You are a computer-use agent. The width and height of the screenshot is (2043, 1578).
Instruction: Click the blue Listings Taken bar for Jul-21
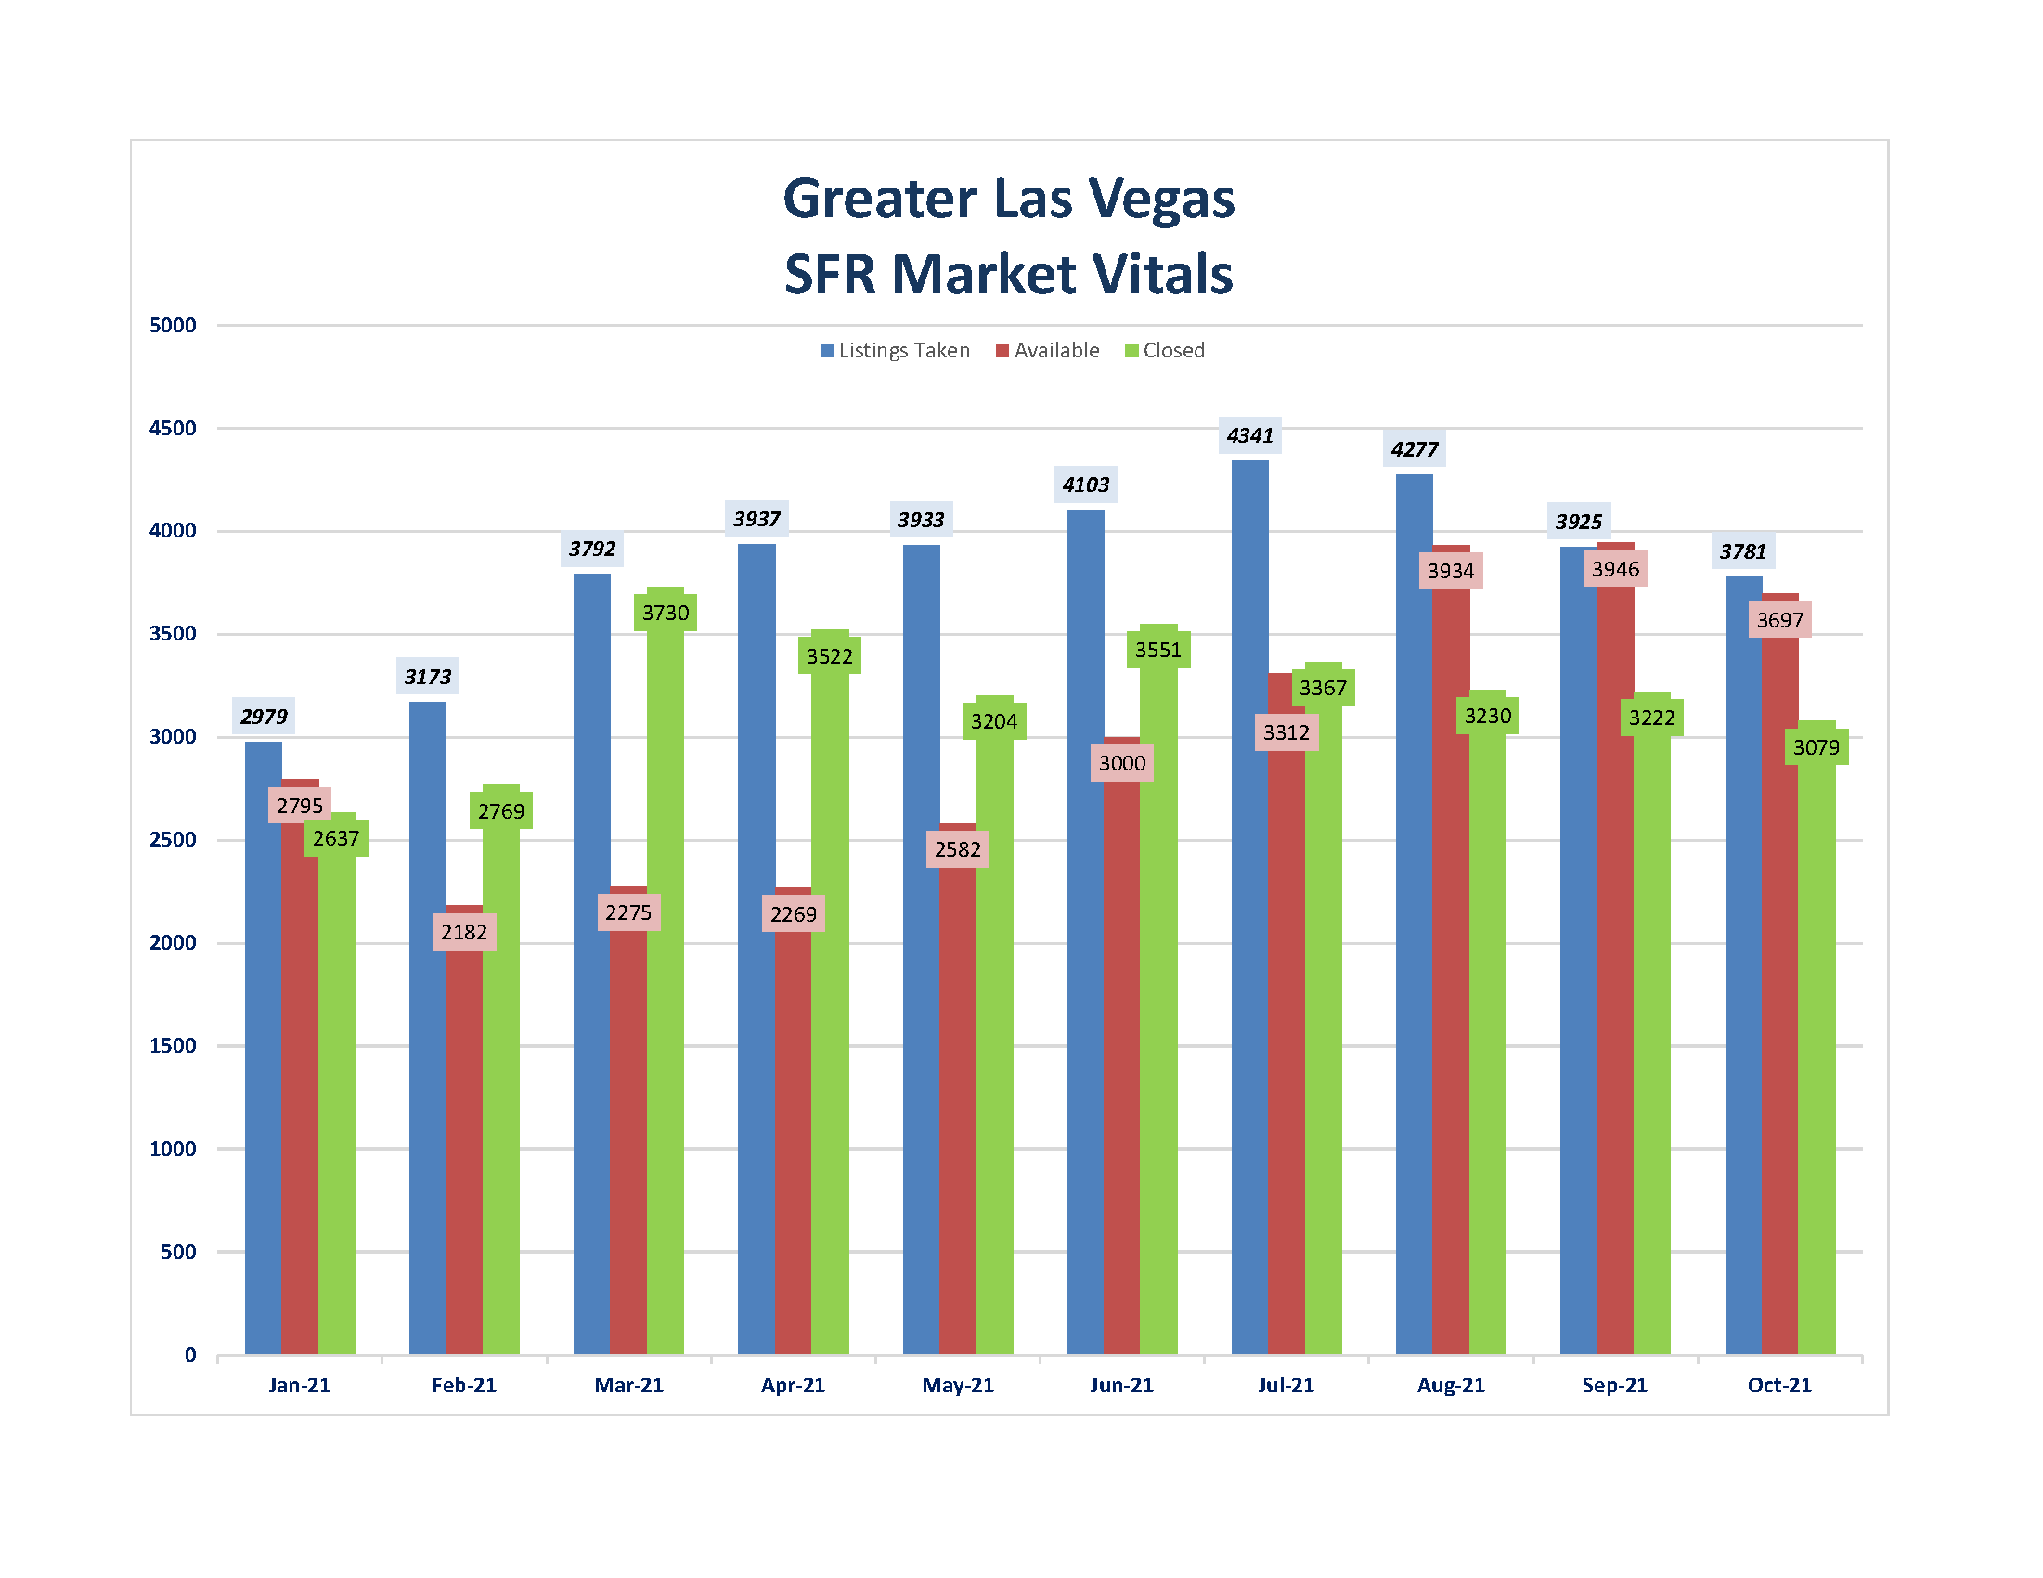pos(1249,907)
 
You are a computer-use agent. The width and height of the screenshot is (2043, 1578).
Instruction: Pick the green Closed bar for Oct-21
pos(1817,1057)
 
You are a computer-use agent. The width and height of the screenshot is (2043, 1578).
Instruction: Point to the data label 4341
pos(1249,436)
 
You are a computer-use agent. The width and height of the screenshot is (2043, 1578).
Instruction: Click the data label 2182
pos(464,932)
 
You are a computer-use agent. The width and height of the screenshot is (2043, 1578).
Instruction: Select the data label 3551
pos(1158,650)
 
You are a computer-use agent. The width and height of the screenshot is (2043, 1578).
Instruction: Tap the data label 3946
pos(1615,569)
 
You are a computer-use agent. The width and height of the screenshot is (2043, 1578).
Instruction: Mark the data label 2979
pos(264,717)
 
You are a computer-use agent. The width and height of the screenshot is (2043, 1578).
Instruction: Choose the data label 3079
pos(1816,747)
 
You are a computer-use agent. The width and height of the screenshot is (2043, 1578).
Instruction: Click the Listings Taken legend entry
pos(895,351)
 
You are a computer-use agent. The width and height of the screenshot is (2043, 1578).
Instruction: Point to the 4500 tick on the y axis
pos(173,429)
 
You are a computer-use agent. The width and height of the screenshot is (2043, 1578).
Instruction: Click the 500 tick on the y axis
pos(178,1251)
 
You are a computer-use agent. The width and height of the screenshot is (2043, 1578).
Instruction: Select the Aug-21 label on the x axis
pos(1451,1385)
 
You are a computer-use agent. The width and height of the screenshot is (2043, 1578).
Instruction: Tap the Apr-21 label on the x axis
pos(794,1385)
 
